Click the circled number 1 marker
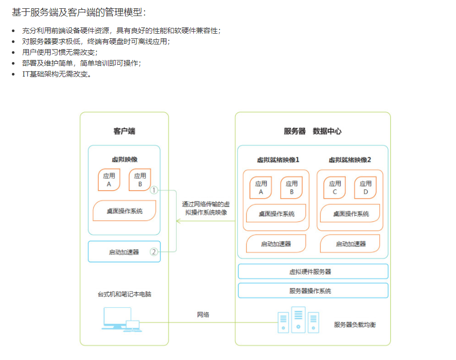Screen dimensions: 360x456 (x=154, y=190)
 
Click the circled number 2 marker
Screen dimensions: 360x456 (x=154, y=252)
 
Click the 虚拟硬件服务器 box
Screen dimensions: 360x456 (x=313, y=272)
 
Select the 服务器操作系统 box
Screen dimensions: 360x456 (x=313, y=291)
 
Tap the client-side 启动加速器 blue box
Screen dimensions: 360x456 (x=124, y=252)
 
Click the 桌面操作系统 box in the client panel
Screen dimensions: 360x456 (x=125, y=211)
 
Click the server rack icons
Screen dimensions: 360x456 (x=298, y=320)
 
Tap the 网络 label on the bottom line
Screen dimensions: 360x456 (x=203, y=314)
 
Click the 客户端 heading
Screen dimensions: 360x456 (x=124, y=131)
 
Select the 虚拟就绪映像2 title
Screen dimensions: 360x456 (x=350, y=160)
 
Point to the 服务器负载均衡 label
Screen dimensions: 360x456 (x=355, y=325)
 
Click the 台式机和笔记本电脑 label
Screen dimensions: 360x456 (x=125, y=294)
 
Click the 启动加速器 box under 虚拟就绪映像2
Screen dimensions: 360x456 (x=351, y=244)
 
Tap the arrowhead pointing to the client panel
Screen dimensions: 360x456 (x=178, y=221)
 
